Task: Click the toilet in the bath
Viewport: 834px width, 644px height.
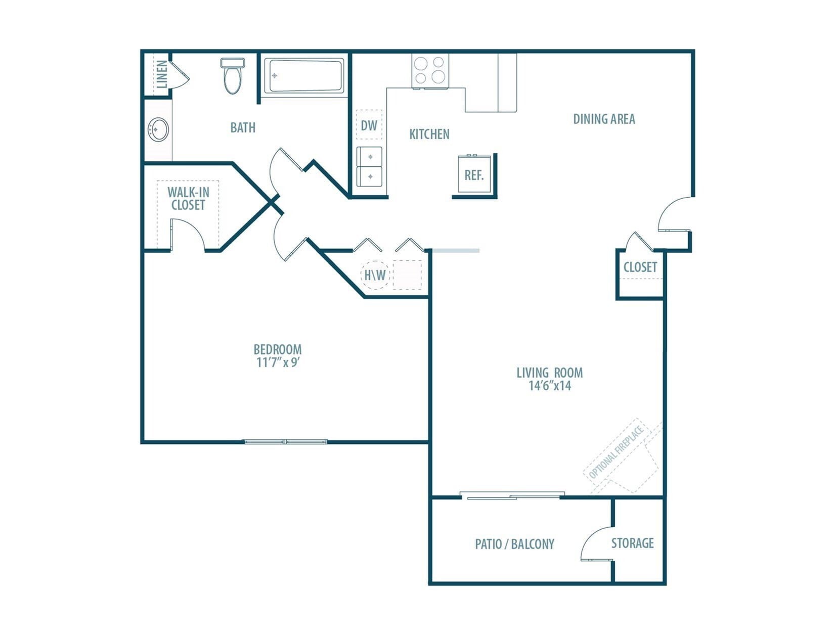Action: coord(233,77)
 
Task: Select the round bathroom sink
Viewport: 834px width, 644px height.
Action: coord(158,130)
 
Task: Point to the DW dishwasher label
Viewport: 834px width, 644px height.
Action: coord(369,125)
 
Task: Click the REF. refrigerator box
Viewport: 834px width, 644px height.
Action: coord(474,174)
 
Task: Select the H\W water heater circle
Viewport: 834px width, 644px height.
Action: coord(375,275)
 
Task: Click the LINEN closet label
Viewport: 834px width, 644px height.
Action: coord(162,74)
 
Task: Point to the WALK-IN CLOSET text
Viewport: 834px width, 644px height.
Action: coord(188,199)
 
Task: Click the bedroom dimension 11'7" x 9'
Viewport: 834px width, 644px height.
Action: coord(279,362)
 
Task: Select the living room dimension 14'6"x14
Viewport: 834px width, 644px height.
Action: coord(550,386)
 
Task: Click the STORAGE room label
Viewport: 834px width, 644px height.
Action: coord(632,543)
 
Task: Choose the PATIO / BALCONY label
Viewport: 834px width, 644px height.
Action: coord(514,544)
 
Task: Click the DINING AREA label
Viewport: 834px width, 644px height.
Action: coord(604,119)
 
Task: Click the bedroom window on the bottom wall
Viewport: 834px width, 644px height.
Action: coord(286,442)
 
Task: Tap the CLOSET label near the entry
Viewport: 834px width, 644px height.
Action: coord(640,267)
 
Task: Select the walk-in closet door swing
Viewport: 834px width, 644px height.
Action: coord(188,234)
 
